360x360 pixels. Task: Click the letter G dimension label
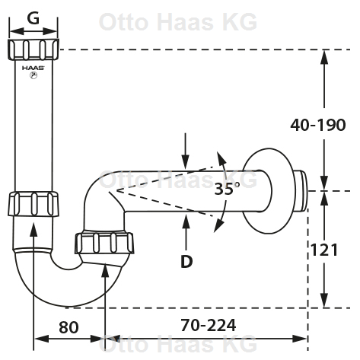pyautogui.click(x=33, y=18)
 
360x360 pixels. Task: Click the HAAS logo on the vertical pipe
pyautogui.click(x=33, y=72)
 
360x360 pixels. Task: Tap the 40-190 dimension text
pyautogui.click(x=318, y=125)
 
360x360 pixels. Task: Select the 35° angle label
pyautogui.click(x=227, y=189)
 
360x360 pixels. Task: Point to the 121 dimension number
pyautogui.click(x=324, y=250)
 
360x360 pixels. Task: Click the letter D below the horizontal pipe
pyautogui.click(x=186, y=262)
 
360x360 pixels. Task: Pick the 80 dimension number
pyautogui.click(x=68, y=327)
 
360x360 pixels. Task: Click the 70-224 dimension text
pyautogui.click(x=208, y=325)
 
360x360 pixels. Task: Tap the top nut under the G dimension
pyautogui.click(x=33, y=49)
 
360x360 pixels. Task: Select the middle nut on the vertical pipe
pyautogui.click(x=33, y=204)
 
